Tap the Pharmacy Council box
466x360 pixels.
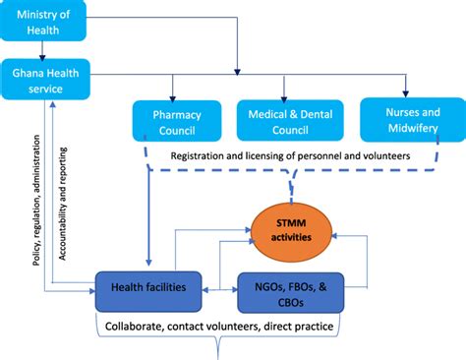pos(175,119)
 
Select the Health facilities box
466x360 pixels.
pos(146,288)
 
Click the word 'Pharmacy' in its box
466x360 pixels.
pos(176,111)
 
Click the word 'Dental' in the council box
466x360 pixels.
pos(312,111)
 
